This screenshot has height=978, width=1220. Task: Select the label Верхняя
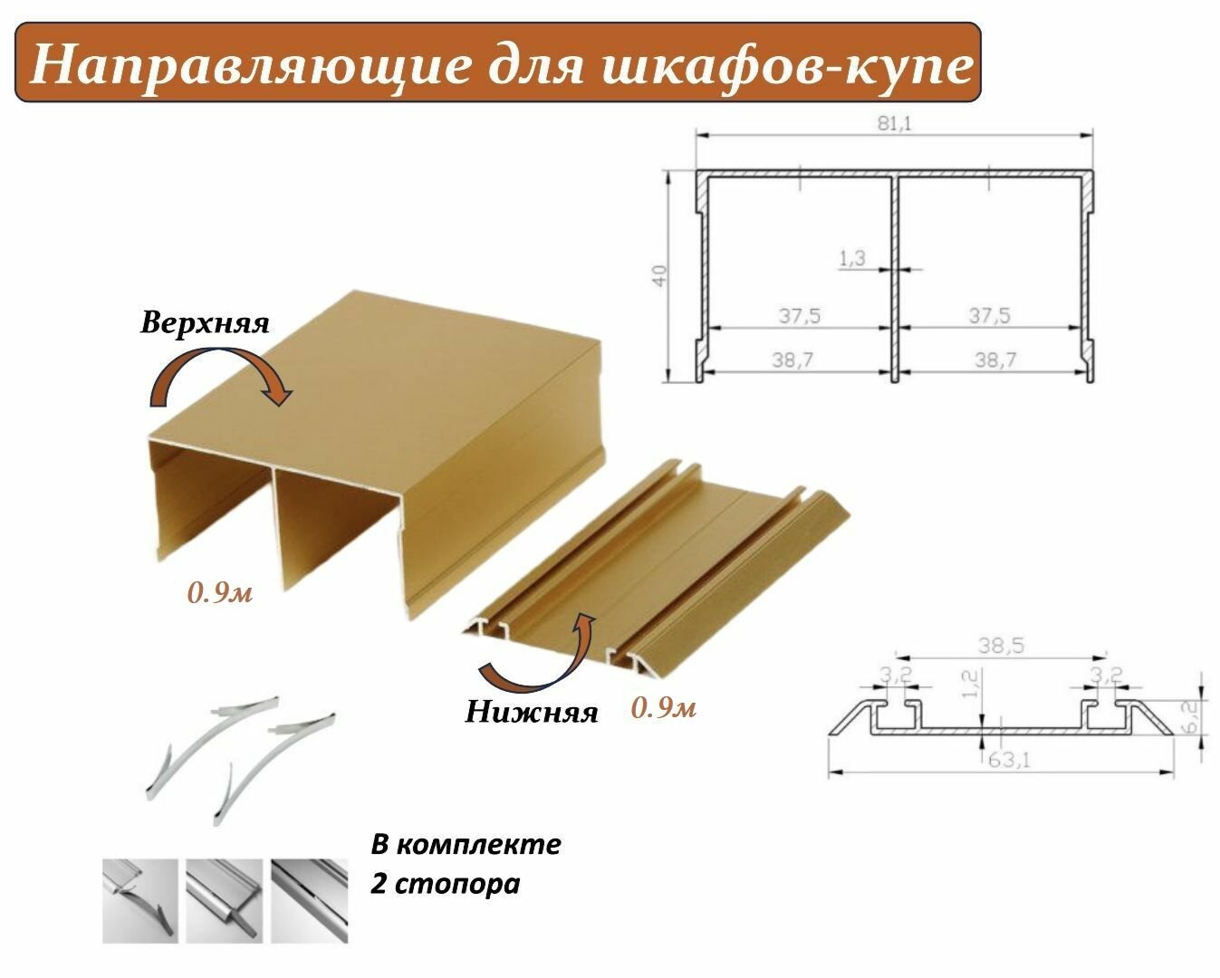pos(206,324)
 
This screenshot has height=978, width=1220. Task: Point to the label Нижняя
pos(532,712)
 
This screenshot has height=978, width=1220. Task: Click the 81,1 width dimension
pos(894,123)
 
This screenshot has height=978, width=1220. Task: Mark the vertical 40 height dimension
pos(661,274)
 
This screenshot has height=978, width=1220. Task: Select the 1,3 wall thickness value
pos(852,258)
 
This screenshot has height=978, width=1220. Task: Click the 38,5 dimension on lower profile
pos(1000,646)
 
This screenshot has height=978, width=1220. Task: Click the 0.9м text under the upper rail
pos(220,594)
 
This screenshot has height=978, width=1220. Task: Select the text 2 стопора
pos(446,882)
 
